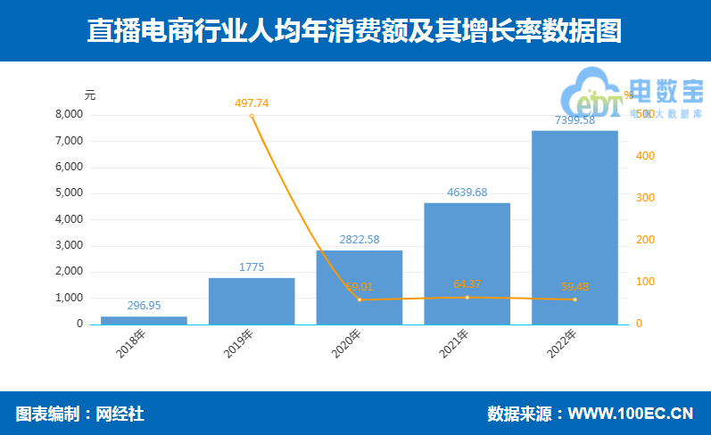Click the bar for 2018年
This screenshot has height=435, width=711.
pos(144,320)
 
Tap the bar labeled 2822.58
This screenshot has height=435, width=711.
pos(360,287)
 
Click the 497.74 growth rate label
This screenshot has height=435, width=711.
pos(252,103)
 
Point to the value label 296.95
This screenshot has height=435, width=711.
pos(144,305)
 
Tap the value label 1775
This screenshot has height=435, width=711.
pos(252,267)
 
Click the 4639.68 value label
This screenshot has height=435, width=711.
pos(467,192)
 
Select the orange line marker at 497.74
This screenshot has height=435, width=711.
pos(252,116)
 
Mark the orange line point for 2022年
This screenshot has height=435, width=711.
pos(575,300)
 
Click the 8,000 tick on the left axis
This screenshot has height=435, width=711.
pos(69,115)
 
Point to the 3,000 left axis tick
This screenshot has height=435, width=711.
pos(69,245)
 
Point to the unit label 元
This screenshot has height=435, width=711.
pos(89,94)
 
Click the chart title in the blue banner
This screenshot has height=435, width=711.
pos(355,31)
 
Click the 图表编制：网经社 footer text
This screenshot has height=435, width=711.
pos(80,414)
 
